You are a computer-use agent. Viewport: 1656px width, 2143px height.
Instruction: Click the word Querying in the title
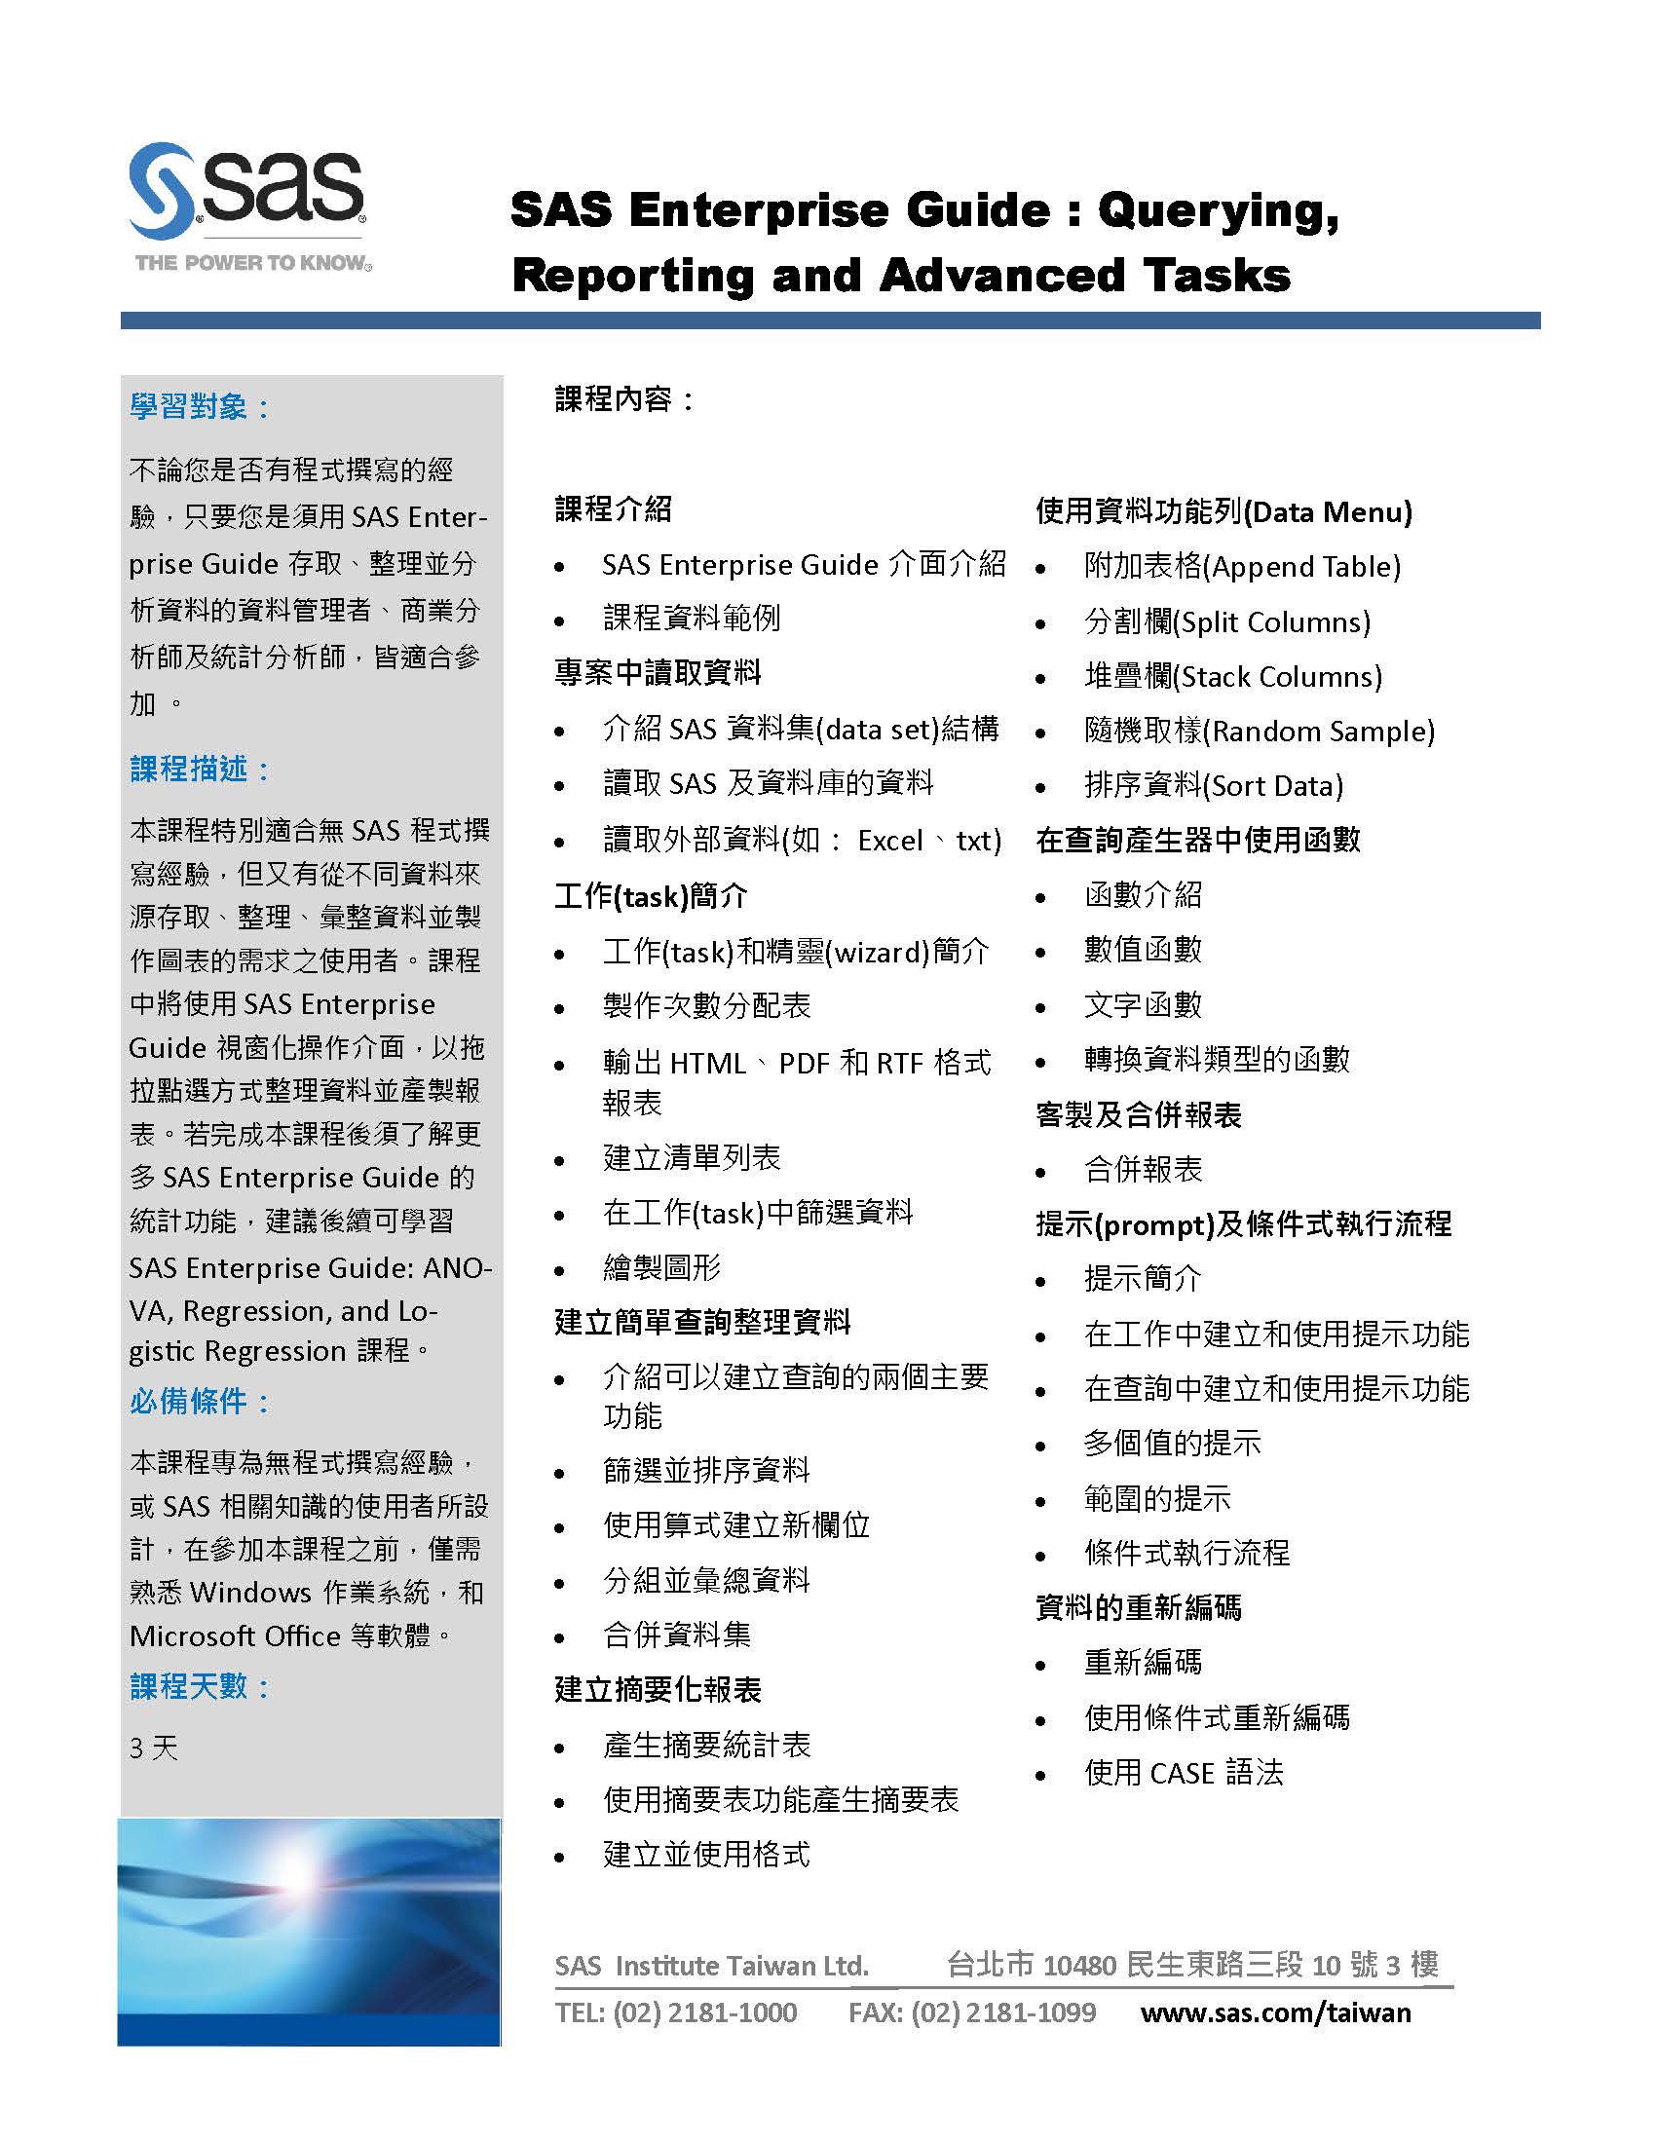click(x=1218, y=210)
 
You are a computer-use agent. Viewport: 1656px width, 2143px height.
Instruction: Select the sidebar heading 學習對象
click(x=188, y=406)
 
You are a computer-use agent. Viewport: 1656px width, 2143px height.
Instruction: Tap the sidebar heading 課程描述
click(x=188, y=769)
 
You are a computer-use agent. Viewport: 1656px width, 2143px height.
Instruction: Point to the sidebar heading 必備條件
click(x=188, y=1401)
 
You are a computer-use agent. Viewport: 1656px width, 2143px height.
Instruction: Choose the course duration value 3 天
click(x=154, y=1748)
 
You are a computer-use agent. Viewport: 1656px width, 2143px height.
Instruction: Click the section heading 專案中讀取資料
click(x=658, y=672)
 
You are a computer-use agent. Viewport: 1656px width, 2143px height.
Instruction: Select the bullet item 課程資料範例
click(x=692, y=619)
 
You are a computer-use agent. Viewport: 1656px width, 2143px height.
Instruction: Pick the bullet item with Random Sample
click(x=1259, y=731)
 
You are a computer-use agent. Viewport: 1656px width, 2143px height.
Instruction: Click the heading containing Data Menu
click(x=1223, y=511)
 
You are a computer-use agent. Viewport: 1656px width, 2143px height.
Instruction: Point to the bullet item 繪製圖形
click(x=662, y=1267)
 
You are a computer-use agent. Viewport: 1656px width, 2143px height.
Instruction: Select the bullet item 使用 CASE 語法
click(x=1184, y=1772)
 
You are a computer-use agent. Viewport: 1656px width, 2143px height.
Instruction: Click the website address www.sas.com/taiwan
click(x=1275, y=2012)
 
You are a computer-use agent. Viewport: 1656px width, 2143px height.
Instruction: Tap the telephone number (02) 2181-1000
click(x=704, y=2012)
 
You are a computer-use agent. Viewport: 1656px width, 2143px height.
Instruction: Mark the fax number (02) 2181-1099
click(x=1002, y=2012)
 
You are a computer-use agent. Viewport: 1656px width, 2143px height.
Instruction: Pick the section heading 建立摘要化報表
click(x=658, y=1690)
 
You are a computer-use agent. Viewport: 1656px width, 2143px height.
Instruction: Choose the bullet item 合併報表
click(x=1143, y=1170)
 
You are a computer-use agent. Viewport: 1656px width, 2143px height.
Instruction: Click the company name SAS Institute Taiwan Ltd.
click(x=711, y=1966)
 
